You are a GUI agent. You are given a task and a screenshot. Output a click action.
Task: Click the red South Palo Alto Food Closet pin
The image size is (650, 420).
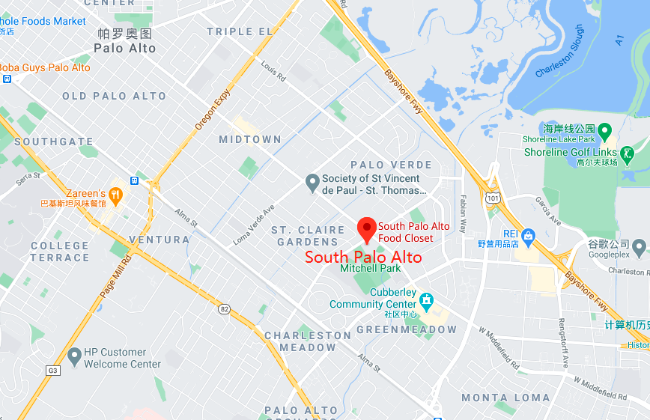click(366, 228)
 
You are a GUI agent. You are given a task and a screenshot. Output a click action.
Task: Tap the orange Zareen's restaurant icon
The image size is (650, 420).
click(115, 195)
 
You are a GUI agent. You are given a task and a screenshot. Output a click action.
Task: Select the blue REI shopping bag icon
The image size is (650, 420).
click(529, 237)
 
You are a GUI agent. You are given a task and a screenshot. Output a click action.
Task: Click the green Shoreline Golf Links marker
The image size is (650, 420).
click(628, 155)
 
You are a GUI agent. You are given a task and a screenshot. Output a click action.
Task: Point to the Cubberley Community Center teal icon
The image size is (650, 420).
click(427, 301)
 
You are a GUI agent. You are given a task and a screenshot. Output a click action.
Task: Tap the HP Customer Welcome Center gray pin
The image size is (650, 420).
click(74, 356)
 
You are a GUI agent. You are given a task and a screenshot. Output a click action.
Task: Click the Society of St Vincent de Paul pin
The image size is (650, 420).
click(313, 182)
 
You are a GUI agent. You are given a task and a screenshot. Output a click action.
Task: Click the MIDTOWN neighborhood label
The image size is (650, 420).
click(250, 140)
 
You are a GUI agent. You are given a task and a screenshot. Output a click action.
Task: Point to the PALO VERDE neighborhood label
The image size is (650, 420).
click(391, 165)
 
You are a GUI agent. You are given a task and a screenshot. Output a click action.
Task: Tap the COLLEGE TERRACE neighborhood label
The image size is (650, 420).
click(60, 252)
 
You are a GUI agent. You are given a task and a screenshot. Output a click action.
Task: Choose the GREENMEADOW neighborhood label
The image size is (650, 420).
click(406, 329)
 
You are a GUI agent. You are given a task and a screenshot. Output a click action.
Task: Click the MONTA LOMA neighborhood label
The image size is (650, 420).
click(505, 398)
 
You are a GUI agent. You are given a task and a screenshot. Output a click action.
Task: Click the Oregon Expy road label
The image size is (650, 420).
click(212, 110)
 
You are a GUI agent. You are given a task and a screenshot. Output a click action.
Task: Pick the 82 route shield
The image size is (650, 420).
click(224, 308)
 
